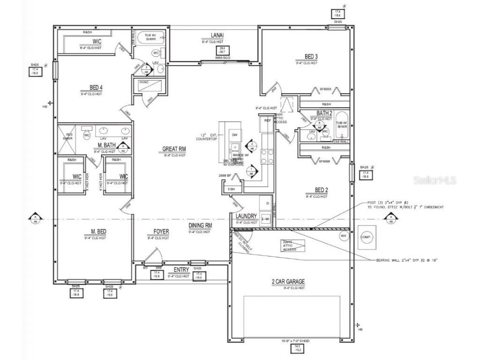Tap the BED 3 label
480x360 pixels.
click(x=307, y=57)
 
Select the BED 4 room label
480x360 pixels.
click(x=96, y=87)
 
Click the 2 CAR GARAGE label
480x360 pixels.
click(x=288, y=282)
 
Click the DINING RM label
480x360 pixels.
click(x=200, y=226)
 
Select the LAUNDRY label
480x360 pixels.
click(x=247, y=216)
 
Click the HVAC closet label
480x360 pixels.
click(x=144, y=83)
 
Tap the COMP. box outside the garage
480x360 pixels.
click(x=366, y=237)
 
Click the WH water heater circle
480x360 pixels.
click(x=343, y=236)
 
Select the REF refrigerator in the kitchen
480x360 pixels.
click(x=268, y=120)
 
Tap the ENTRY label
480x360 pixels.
click(x=181, y=270)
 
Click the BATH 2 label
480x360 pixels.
click(x=324, y=113)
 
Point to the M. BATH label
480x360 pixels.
click(x=106, y=145)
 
